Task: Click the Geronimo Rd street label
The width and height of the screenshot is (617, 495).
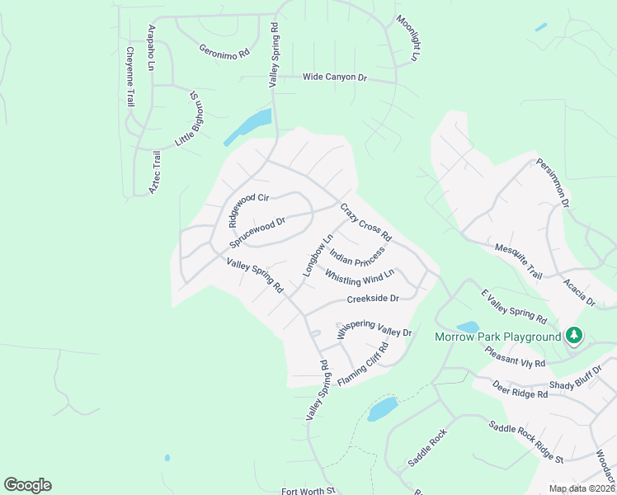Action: point(224,51)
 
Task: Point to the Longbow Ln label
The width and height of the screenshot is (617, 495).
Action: point(317,255)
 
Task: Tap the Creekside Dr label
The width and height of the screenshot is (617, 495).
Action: point(373,299)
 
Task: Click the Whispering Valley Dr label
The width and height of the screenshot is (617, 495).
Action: point(374,328)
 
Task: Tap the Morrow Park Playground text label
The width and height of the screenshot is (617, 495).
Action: point(498,337)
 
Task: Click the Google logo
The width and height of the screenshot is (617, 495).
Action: point(27,485)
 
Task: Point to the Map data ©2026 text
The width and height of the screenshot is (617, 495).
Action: point(581,488)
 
